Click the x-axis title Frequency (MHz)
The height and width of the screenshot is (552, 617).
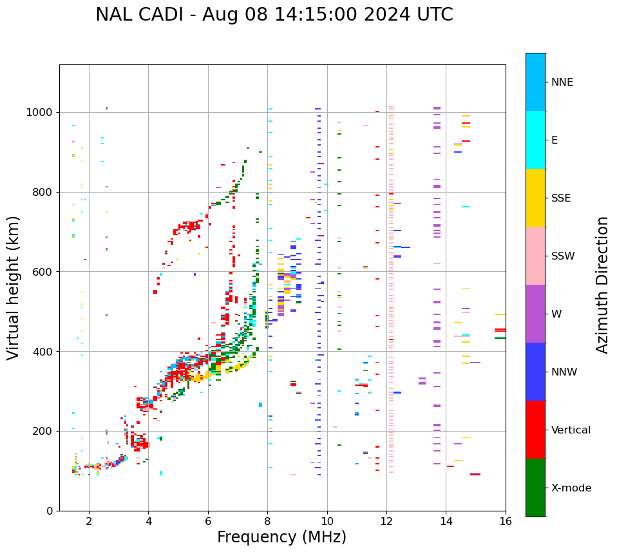pyautogui.click(x=281, y=537)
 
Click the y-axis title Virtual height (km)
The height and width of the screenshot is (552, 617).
pyautogui.click(x=14, y=287)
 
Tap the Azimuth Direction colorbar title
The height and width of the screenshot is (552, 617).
pyautogui.click(x=602, y=285)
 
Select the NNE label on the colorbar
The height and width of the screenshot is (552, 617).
pyautogui.click(x=562, y=82)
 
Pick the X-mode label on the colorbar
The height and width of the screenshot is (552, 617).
pyautogui.click(x=571, y=488)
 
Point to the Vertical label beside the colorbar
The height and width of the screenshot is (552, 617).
pyautogui.click(x=571, y=430)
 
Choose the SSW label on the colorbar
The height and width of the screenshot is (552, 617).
pyautogui.click(x=563, y=256)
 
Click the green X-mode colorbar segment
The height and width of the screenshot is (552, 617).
pyautogui.click(x=535, y=488)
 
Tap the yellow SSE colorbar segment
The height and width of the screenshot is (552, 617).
pyautogui.click(x=535, y=198)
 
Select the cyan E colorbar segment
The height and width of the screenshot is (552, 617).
pyautogui.click(x=535, y=140)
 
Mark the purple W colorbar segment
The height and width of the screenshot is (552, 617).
pyautogui.click(x=535, y=314)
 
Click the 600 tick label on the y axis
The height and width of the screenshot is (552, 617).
pyautogui.click(x=44, y=272)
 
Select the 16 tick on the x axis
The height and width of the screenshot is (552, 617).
pyautogui.click(x=506, y=520)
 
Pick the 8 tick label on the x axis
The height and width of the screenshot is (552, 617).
pyautogui.click(x=267, y=520)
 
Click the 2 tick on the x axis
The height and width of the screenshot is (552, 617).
pyautogui.click(x=89, y=520)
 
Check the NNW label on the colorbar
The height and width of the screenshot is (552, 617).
pyautogui.click(x=564, y=372)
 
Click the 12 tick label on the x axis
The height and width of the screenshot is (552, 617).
pyautogui.click(x=386, y=520)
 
